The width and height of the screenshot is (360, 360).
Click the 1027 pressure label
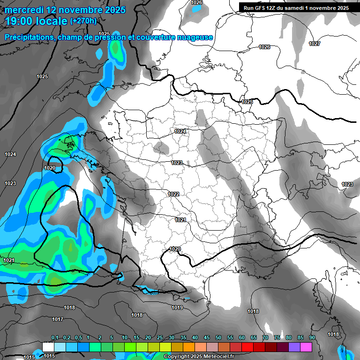coord(315,44)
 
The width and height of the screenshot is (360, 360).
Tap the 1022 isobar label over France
coord(173,194)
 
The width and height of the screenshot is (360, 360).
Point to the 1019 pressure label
coord(177,308)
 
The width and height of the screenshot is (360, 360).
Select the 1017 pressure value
coord(58,319)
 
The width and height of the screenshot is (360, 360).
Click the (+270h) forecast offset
coord(83,21)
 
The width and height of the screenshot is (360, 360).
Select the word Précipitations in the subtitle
coord(29,37)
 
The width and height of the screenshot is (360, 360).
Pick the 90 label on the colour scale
coord(312,338)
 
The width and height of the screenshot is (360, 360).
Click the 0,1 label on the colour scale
coord(55,338)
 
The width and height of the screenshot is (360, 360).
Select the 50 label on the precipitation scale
coord(218,338)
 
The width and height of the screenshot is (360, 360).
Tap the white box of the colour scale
coord(48,347)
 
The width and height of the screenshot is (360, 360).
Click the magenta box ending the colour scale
coord(306,347)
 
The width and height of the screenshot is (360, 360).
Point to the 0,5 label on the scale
coord(78,338)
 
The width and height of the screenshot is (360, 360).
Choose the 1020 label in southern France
coord(175,249)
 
